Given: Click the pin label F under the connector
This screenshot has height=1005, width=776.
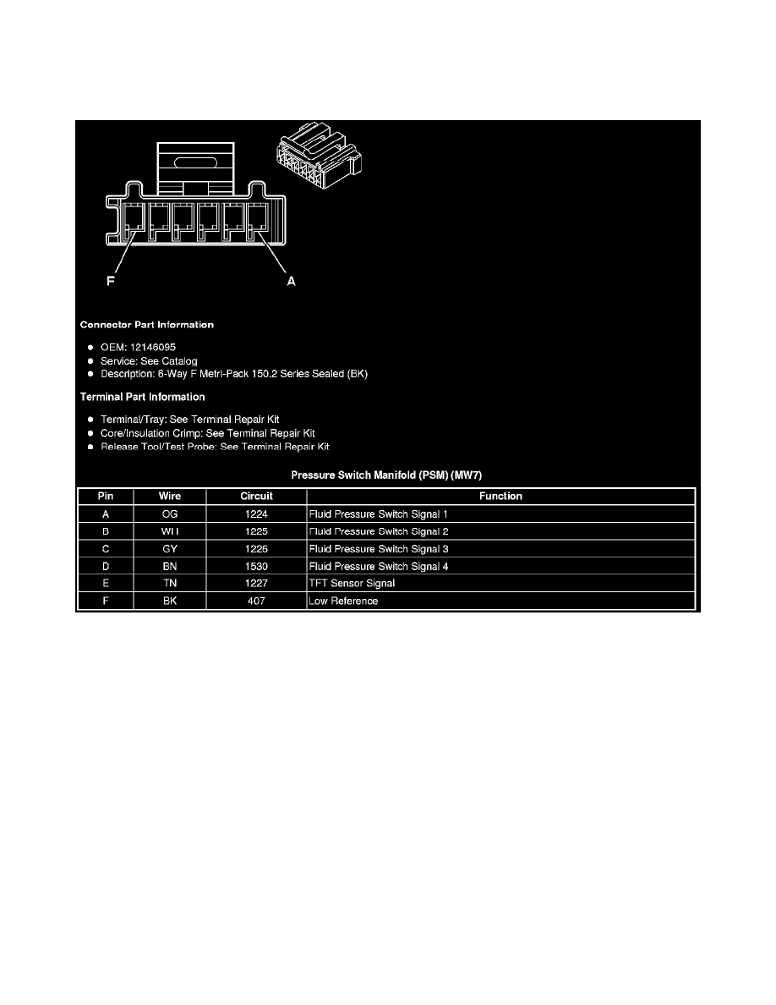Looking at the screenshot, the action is [x=110, y=283].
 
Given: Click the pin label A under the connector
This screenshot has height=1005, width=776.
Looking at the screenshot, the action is [x=291, y=283].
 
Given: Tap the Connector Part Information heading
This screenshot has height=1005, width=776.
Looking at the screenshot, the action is [x=146, y=325].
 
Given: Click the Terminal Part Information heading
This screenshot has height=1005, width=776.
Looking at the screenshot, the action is [x=142, y=397].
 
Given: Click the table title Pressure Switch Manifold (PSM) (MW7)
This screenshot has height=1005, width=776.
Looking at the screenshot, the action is [x=386, y=475].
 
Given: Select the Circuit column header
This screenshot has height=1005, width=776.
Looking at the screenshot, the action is [x=256, y=497].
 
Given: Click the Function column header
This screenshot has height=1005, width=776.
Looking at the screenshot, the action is [x=500, y=497].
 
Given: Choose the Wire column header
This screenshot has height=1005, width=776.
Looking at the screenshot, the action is [x=170, y=497].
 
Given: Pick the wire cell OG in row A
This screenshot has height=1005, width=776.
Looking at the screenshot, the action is [x=170, y=514].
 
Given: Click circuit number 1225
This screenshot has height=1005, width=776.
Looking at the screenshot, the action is [x=256, y=532].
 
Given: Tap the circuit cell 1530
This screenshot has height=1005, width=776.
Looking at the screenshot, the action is [x=256, y=567].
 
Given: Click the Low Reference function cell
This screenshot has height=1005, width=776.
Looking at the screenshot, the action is [x=343, y=601].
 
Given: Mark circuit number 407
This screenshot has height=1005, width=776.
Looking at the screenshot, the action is [x=256, y=601].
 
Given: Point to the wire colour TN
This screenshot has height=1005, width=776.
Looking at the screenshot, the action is [x=170, y=584].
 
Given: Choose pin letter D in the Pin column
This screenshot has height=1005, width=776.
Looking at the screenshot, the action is [x=105, y=567].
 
